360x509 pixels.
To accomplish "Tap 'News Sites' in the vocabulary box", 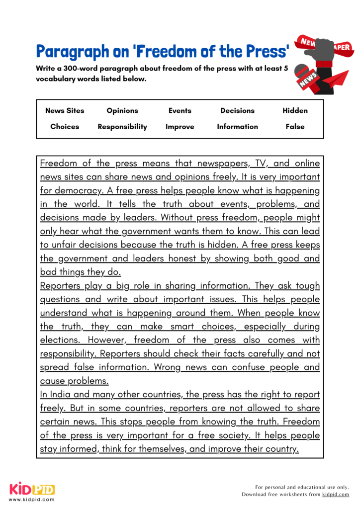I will tap(65, 111).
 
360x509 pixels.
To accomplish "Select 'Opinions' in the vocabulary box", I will tap(122, 111).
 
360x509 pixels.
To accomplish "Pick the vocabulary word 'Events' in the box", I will tap(180, 111).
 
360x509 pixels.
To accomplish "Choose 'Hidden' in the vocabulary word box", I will tap(295, 111).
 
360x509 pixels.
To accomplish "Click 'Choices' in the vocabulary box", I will tap(65, 127).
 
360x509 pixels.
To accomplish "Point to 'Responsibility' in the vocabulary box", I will tap(122, 127).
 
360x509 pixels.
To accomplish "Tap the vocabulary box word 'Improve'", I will tap(180, 127).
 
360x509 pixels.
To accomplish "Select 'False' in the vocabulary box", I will tap(295, 127).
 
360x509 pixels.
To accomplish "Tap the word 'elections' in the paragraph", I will tap(59, 340).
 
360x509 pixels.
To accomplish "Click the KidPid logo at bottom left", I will tap(32, 489).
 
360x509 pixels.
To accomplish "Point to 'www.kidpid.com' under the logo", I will tap(32, 499).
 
